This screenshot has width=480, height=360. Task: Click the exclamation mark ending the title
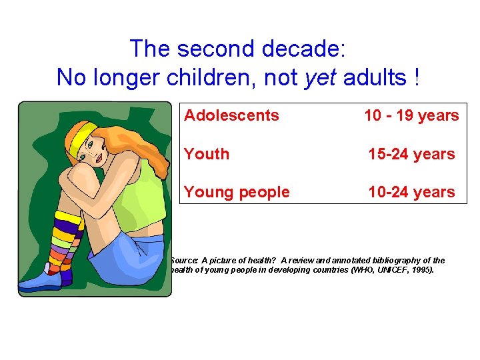(417, 78)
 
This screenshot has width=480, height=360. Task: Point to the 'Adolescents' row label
(231, 115)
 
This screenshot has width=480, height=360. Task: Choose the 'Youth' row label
(207, 154)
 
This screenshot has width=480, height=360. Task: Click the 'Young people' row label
(237, 192)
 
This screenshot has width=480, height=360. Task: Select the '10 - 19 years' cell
(411, 115)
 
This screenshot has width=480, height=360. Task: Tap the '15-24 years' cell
(411, 154)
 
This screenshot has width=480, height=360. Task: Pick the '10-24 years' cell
(411, 192)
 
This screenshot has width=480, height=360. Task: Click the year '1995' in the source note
(421, 271)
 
